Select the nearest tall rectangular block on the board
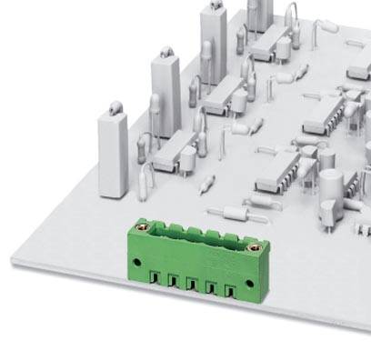114,155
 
